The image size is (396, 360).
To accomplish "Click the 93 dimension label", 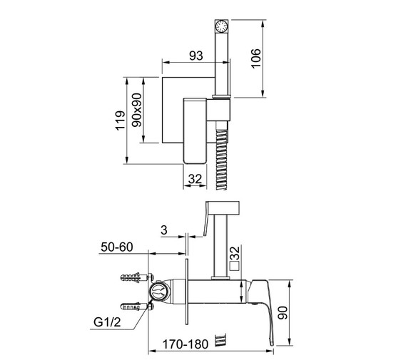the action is [x=196, y=56].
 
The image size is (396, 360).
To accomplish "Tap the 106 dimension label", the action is [x=256, y=58].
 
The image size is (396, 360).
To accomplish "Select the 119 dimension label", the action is [x=121, y=120].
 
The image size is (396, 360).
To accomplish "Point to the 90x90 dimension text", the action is [x=137, y=110].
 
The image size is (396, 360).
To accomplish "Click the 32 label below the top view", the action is [x=196, y=179].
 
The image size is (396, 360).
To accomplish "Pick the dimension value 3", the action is [x=164, y=230].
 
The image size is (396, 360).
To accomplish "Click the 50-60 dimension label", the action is [x=117, y=247].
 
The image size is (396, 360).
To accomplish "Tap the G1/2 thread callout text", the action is [x=107, y=322].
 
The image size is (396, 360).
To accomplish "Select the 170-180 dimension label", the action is [x=186, y=344].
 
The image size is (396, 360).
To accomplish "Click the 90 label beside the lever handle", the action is [x=283, y=313].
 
